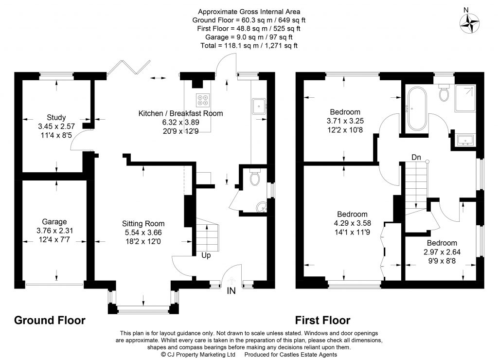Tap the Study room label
(x=56, y=117)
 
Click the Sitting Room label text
(x=143, y=224)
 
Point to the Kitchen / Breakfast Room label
(x=180, y=113)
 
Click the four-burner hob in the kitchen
(x=202, y=99)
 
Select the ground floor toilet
(x=253, y=179)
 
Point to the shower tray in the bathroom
(x=466, y=98)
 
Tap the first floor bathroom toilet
(x=444, y=93)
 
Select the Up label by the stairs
(x=206, y=255)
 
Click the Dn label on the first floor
(x=416, y=157)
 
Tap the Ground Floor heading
(x=50, y=320)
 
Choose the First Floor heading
(x=323, y=320)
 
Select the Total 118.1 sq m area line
(x=249, y=45)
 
